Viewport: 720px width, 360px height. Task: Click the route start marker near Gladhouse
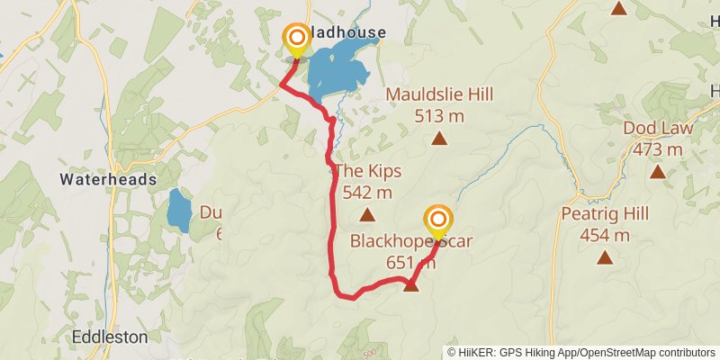[x=296, y=40]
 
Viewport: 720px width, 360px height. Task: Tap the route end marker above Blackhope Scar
[x=437, y=221]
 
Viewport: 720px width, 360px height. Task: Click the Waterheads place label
[x=108, y=180]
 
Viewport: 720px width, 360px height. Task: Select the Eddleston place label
[x=109, y=337]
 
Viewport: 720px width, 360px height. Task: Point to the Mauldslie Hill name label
[x=440, y=94]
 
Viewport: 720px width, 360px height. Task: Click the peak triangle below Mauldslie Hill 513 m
[x=439, y=138]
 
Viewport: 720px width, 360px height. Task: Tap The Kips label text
[x=367, y=171]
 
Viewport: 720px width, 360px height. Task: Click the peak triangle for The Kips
[x=367, y=214]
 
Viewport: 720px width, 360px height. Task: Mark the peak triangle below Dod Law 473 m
[x=657, y=171]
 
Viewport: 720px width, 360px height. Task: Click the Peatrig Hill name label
[x=604, y=215]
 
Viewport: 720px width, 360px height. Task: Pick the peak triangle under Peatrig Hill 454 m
[x=604, y=258]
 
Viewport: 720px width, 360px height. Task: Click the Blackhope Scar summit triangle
[x=411, y=285]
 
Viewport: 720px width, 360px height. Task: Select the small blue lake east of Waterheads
[x=178, y=212]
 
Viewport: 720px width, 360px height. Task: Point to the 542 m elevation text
[x=367, y=192]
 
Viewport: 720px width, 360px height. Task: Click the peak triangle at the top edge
[x=619, y=8]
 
